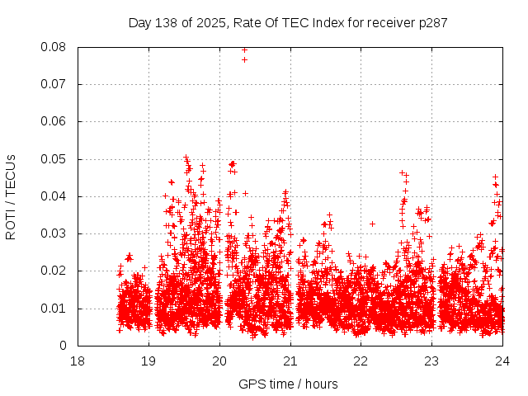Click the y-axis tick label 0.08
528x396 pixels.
(54, 47)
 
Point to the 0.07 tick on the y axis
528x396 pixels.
(54, 84)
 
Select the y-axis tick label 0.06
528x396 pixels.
(54, 121)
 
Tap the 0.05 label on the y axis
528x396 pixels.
(54, 159)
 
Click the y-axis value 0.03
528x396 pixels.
(54, 233)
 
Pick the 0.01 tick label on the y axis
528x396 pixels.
(54, 309)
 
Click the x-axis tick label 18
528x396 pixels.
(78, 361)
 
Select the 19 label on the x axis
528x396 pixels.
(148, 361)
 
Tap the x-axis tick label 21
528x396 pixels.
(290, 361)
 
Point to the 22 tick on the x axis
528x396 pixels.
(361, 361)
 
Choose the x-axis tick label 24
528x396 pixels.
(503, 361)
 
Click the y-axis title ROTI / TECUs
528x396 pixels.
(11, 196)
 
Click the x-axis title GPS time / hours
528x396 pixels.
(288, 384)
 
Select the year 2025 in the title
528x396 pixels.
(213, 22)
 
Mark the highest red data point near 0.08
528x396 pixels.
(244, 49)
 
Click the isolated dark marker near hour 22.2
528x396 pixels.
(373, 224)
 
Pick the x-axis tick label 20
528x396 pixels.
(219, 361)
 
